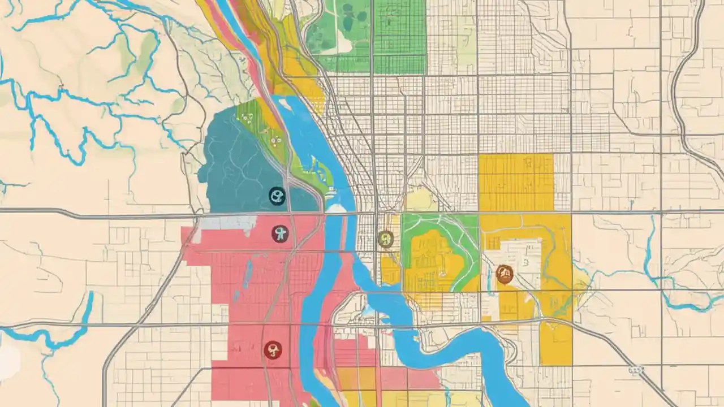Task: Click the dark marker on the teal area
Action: tap(277, 196)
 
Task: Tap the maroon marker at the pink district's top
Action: tap(279, 233)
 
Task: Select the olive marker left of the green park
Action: tap(385, 239)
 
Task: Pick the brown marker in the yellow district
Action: tap(504, 274)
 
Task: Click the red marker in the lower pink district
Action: tap(273, 350)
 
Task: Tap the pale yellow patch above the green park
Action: tap(421, 200)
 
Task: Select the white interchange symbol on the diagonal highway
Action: tap(636, 370)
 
